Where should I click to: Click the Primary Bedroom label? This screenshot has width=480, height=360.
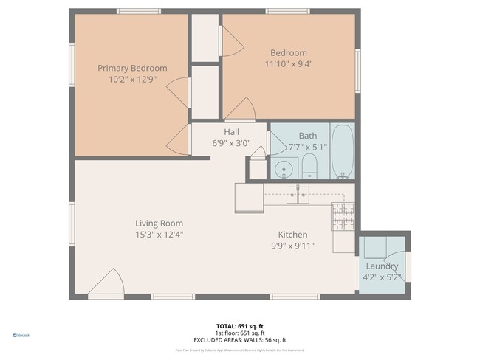[132, 68]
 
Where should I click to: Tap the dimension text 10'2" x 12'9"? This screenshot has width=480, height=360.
[132, 80]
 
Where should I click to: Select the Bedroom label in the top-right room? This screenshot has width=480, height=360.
[288, 53]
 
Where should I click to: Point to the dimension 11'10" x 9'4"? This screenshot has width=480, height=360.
[288, 64]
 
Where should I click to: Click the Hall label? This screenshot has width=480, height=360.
[231, 133]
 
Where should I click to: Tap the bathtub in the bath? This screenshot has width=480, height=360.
[343, 152]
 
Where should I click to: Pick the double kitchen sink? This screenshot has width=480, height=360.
[298, 195]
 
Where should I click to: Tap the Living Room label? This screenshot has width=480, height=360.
[159, 224]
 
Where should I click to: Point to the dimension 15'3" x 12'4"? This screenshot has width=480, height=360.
[159, 235]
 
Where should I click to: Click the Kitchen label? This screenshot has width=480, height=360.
[292, 235]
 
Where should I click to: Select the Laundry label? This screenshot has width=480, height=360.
[382, 266]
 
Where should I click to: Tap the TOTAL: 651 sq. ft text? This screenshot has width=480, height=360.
[239, 325]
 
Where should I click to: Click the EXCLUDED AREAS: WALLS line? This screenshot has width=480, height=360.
[239, 339]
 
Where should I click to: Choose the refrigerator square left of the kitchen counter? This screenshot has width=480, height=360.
[249, 198]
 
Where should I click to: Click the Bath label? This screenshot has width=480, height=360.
[307, 136]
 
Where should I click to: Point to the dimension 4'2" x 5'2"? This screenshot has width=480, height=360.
[382, 277]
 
